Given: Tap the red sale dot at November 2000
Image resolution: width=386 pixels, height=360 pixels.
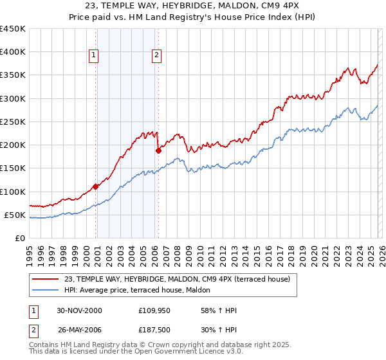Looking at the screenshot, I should click(96, 186).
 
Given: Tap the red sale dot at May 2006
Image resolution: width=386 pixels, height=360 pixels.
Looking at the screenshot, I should click(158, 150).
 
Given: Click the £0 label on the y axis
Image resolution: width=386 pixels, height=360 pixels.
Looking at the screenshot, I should click(21, 238).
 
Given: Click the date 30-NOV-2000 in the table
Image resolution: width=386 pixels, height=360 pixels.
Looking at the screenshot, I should click(79, 310).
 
